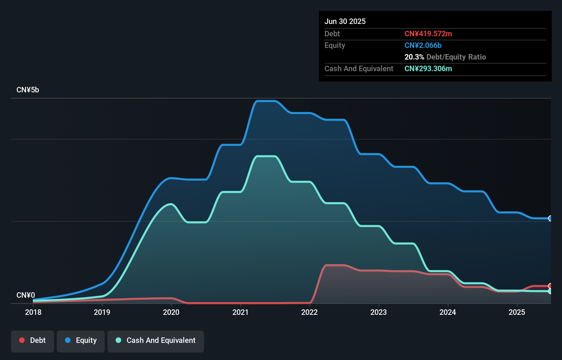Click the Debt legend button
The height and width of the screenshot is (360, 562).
pyautogui.click(x=33, y=341)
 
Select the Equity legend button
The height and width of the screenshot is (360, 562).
pyautogui.click(x=81, y=341)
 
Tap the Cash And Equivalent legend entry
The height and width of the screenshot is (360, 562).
pyautogui.click(x=156, y=341)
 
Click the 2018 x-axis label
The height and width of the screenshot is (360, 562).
pyautogui.click(x=33, y=312)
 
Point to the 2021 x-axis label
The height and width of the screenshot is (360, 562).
pyautogui.click(x=240, y=312)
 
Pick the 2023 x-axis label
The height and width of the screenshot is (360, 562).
pyautogui.click(x=379, y=312)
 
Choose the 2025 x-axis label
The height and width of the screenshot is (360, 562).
pyautogui.click(x=517, y=312)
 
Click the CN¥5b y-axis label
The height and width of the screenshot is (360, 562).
pyautogui.click(x=28, y=90)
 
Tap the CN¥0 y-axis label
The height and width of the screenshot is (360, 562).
pyautogui.click(x=26, y=295)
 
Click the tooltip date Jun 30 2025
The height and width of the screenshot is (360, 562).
pyautogui.click(x=345, y=22)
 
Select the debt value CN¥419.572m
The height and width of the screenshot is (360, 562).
pyautogui.click(x=428, y=34)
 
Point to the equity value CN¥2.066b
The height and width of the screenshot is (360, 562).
pyautogui.click(x=423, y=46)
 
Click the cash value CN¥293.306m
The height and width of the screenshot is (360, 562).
pyautogui.click(x=428, y=69)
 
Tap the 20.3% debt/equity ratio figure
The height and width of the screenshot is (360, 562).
pyautogui.click(x=414, y=57)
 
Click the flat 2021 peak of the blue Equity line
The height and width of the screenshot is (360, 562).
pyautogui.click(x=266, y=101)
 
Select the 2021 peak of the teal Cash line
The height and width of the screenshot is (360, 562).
pyautogui.click(x=266, y=156)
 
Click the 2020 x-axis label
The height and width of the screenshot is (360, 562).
pyautogui.click(x=171, y=312)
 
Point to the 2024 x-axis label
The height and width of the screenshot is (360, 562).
pyautogui.click(x=448, y=312)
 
